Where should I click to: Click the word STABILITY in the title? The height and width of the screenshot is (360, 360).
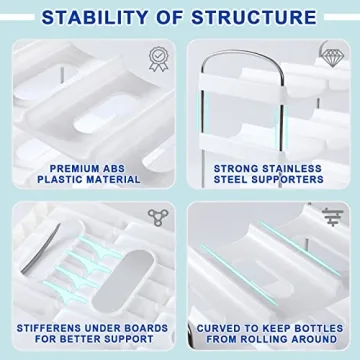pos(107,17)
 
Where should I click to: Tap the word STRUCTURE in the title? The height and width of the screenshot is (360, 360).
pos(255,17)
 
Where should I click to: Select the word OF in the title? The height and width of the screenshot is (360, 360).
pos(180,17)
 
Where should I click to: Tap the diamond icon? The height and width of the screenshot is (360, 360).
pos(331,55)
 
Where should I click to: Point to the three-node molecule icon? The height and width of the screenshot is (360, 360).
pos(157,218)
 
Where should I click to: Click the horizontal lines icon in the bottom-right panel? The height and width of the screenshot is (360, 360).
pos(331,217)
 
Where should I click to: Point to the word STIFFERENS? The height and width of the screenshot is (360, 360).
pos(53,327)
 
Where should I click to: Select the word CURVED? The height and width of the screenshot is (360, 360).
pos(218,327)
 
